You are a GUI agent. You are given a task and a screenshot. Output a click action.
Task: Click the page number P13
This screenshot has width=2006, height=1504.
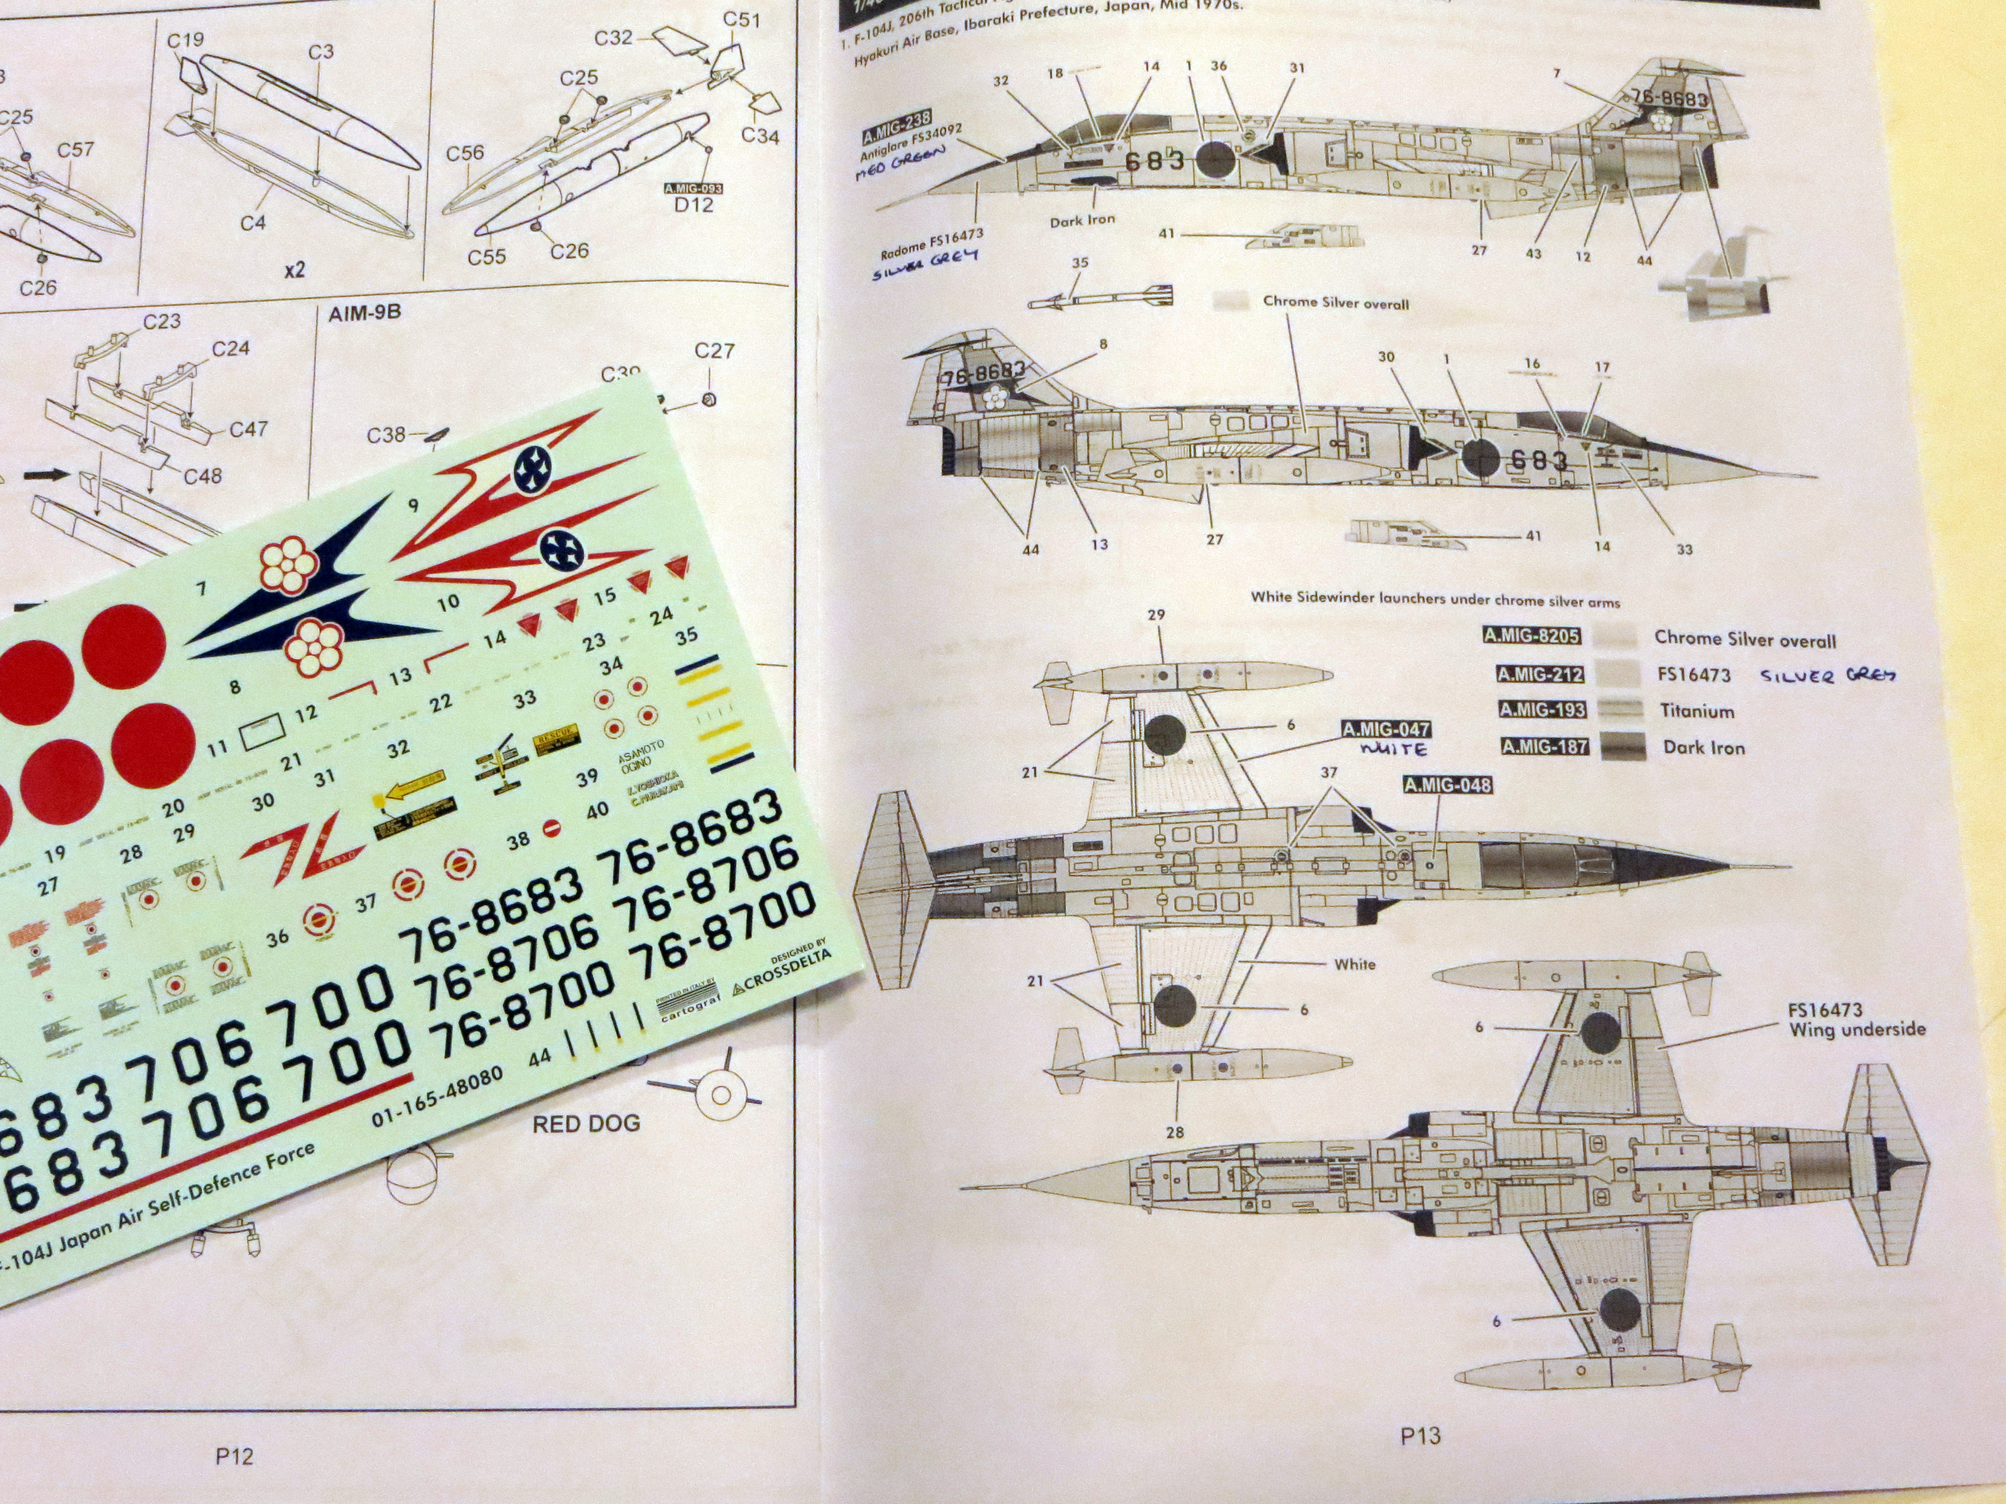(x=1419, y=1435)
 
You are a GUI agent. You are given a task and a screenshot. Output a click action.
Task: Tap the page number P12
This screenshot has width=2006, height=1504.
(x=234, y=1456)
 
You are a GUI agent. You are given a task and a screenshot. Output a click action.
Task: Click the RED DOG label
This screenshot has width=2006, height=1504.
(x=586, y=1123)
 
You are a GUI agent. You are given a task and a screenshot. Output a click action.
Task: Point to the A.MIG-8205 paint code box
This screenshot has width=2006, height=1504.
(x=1532, y=636)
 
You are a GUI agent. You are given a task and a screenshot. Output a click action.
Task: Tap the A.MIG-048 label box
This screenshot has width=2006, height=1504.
(x=1447, y=784)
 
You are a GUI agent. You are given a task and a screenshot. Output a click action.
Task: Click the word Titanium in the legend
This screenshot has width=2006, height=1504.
(x=1697, y=711)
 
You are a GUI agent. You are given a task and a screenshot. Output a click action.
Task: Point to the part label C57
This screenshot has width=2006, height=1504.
(x=75, y=149)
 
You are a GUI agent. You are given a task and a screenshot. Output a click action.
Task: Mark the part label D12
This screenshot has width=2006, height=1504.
(x=694, y=205)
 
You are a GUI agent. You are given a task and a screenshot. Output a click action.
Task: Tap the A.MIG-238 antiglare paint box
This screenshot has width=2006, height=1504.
(x=896, y=126)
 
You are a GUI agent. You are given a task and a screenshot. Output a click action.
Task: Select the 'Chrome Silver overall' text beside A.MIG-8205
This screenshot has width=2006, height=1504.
(x=1745, y=639)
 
